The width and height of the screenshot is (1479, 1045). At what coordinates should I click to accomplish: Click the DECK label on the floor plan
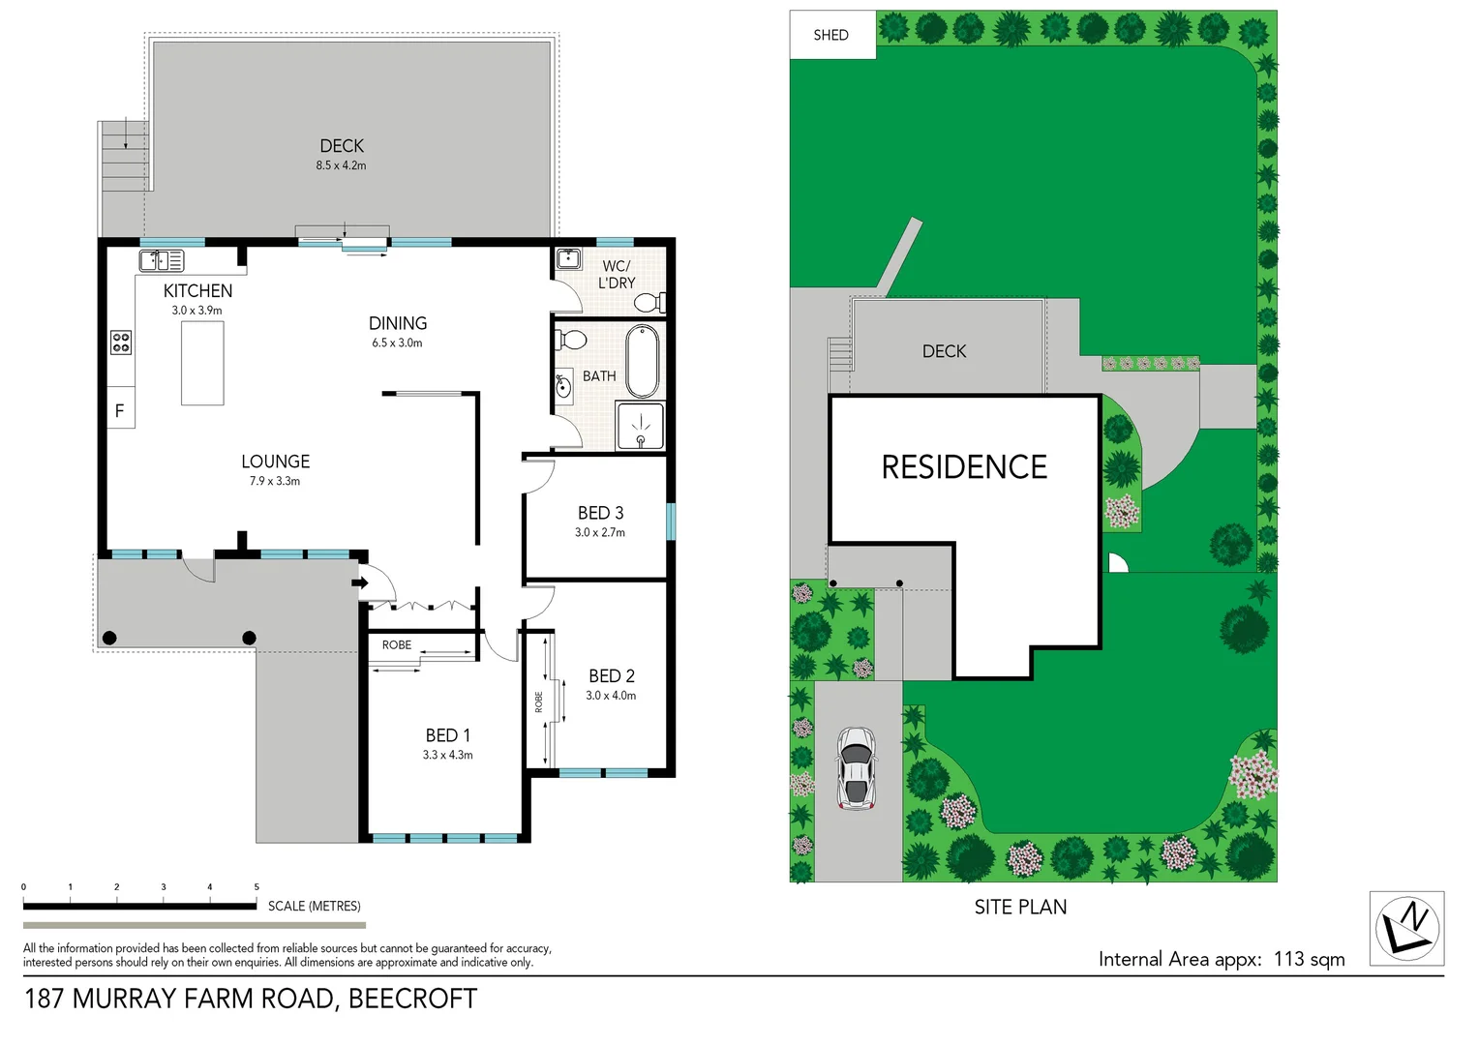coord(342,146)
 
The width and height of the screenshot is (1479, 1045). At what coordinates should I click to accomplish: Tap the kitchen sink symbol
coord(162,260)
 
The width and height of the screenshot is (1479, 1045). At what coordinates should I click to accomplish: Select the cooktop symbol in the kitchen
coord(121,343)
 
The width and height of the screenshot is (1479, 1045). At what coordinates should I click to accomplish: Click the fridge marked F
coord(120,410)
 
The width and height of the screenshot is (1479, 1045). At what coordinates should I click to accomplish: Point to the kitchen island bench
coord(202,363)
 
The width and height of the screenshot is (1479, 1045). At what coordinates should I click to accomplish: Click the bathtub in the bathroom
coord(642,361)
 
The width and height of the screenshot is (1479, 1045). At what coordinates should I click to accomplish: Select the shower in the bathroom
coord(640,427)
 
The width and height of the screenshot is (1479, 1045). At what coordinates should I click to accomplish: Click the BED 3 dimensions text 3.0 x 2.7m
coord(600,533)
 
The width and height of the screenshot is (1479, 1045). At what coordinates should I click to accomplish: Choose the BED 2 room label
coord(612,676)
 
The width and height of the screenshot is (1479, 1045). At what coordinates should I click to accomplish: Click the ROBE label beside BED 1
coord(397,645)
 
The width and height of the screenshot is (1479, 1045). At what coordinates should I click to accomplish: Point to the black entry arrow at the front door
coord(359,582)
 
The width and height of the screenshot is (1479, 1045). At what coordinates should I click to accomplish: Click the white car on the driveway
coord(856,768)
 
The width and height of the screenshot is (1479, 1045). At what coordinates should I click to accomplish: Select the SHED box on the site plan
coord(831,35)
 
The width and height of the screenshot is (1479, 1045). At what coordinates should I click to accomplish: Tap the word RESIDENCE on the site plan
coord(964,467)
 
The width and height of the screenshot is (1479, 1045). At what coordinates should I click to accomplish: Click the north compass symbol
coord(1407,928)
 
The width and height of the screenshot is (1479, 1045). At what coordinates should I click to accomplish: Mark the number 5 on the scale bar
coord(257,887)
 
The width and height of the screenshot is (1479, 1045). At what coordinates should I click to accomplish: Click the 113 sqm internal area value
coord(1309,959)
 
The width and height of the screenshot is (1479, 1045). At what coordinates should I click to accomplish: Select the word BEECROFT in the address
coord(412,999)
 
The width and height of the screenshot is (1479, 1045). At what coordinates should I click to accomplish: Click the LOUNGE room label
coord(276,463)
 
